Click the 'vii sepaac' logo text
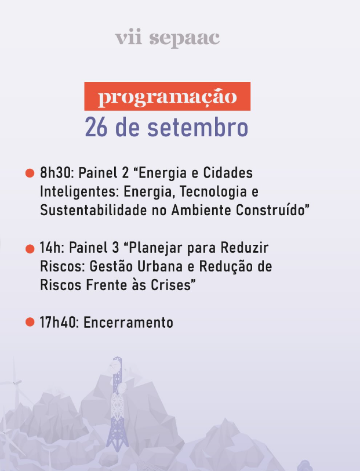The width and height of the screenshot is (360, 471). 167,38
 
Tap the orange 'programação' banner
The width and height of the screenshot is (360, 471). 167,96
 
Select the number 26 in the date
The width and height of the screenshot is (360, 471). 96,128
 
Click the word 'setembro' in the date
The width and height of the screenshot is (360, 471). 198,128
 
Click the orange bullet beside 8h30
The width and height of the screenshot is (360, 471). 30,173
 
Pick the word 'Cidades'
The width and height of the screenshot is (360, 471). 228,173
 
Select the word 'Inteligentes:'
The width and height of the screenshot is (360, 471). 78,191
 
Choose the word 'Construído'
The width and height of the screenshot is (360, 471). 272,210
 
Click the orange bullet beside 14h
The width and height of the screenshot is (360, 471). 30,249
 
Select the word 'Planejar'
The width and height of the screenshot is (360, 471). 153,248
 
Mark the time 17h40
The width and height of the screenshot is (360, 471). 59,323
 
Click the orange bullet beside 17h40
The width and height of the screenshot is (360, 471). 30,322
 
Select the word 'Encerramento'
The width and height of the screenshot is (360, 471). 128,323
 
